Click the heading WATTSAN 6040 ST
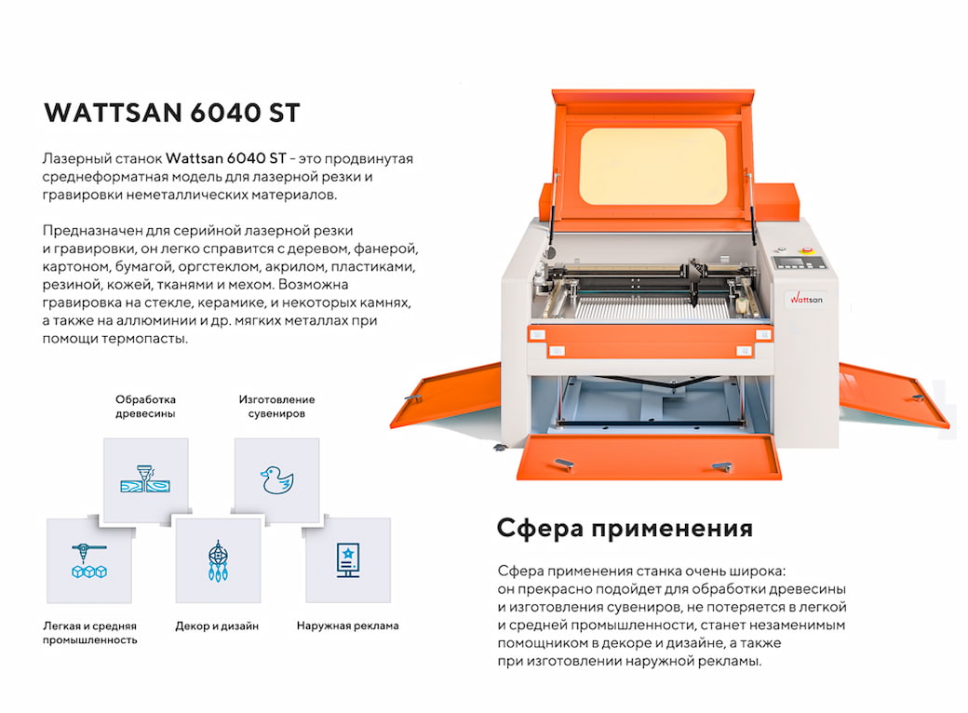coord(172,113)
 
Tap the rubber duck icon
coord(276,480)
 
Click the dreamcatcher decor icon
coord(218,560)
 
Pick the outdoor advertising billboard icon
coord(347,560)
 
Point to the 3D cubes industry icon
coord(89,560)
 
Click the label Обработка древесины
coord(145,406)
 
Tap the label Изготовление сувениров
coord(276,406)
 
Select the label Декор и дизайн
coord(217,626)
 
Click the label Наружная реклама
coord(347,626)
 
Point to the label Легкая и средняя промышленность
coord(90,632)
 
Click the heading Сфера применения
coord(625,529)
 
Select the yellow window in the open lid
coord(652,165)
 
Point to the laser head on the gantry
coord(694,279)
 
